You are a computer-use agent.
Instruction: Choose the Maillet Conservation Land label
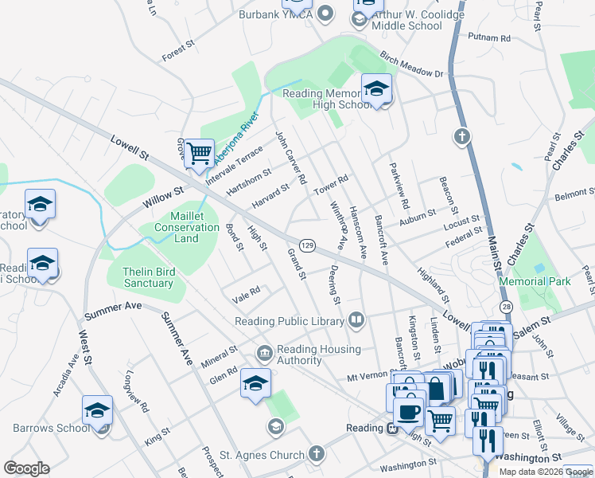187,227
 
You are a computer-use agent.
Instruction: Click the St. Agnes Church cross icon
317,455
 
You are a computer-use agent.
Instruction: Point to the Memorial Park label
535,281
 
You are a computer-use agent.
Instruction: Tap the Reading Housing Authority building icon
264,352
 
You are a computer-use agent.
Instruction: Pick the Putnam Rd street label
489,37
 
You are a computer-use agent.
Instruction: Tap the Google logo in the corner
26,468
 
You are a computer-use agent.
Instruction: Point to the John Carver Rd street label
290,158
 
